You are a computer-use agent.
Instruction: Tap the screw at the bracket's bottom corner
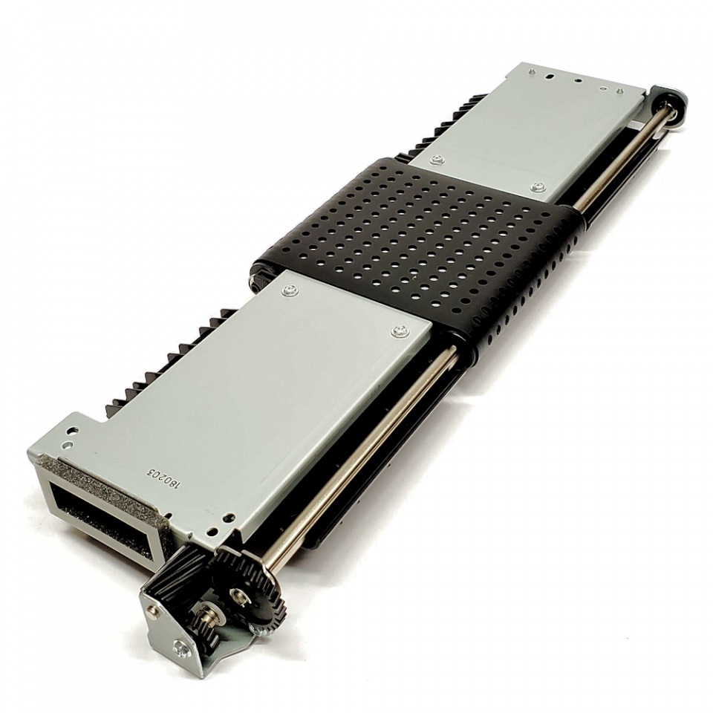180,651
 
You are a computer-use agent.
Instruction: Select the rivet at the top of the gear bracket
152,610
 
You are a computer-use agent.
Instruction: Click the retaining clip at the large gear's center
239,593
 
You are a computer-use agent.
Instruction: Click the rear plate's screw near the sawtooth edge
438,159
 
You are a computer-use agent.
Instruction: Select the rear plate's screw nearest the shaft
537,187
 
